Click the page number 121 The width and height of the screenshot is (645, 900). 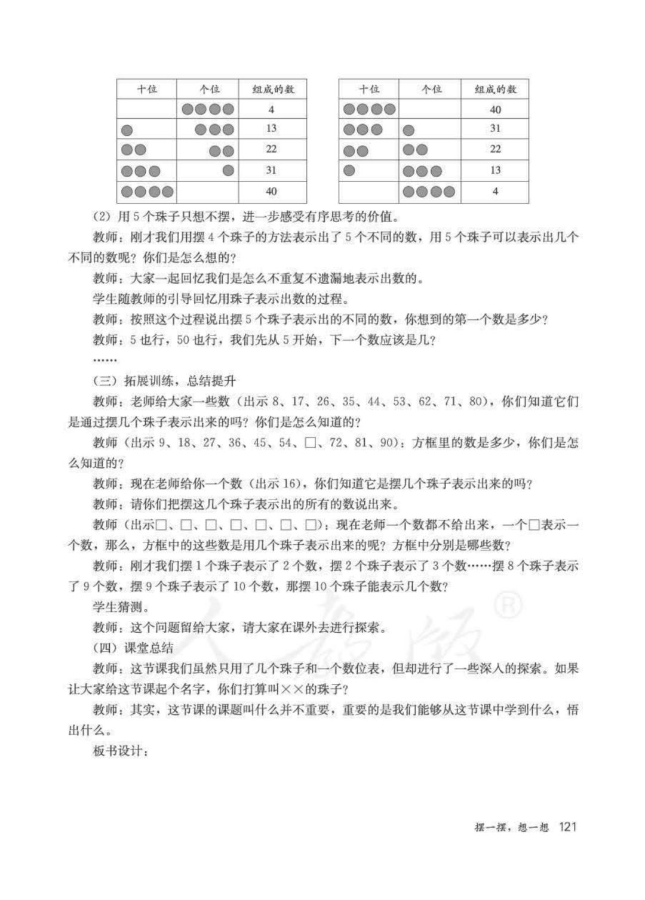tap(567, 827)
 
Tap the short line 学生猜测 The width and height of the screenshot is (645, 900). tap(121, 607)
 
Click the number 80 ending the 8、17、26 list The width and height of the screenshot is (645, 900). tap(475, 400)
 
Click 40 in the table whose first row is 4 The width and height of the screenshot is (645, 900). tap(271, 192)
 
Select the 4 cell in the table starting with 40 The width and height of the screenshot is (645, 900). tap(495, 192)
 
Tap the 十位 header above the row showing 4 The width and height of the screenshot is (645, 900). tap(147, 90)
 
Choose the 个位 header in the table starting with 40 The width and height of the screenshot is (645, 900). tap(431, 90)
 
